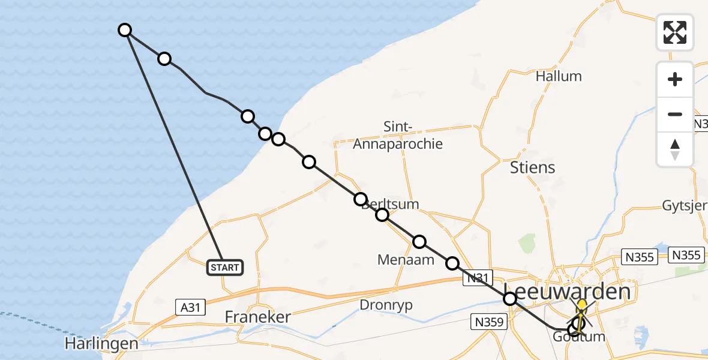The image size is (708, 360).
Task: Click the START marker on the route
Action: coord(225,268)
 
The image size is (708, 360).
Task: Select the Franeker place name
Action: coord(257,317)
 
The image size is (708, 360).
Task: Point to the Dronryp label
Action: coord(386,305)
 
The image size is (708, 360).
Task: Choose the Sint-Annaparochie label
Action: coord(398,136)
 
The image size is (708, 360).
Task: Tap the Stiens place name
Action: coord(532,167)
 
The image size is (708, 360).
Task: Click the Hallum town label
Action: coord(559,76)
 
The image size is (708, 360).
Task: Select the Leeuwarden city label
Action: coord(568,292)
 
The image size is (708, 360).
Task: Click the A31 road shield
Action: coord(190,307)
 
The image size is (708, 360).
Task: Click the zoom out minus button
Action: coord(675,114)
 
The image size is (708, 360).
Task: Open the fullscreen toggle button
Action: coord(675,32)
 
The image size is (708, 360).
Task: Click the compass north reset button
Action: coord(675,149)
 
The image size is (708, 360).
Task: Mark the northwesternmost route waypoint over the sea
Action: coord(125,30)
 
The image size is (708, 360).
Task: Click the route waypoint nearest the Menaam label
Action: coord(419,242)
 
